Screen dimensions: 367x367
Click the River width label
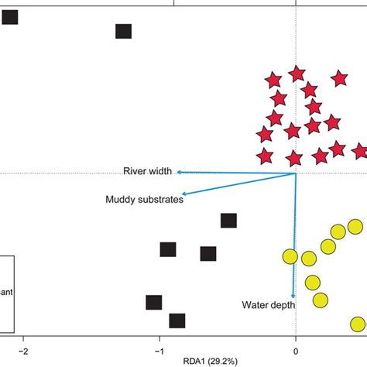click(148, 171)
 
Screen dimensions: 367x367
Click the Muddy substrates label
click(144, 200)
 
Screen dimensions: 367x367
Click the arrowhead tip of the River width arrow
click(178, 172)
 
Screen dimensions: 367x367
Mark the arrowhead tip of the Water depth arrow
click(293, 296)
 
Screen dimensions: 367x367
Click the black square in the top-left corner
click(10, 16)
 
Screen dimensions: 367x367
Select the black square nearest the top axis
click(123, 31)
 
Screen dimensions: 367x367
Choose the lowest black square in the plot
click(177, 321)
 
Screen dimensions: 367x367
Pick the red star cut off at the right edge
click(361, 151)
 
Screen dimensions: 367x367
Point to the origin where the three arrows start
click(296, 173)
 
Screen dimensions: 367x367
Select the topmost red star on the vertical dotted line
click(297, 74)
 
